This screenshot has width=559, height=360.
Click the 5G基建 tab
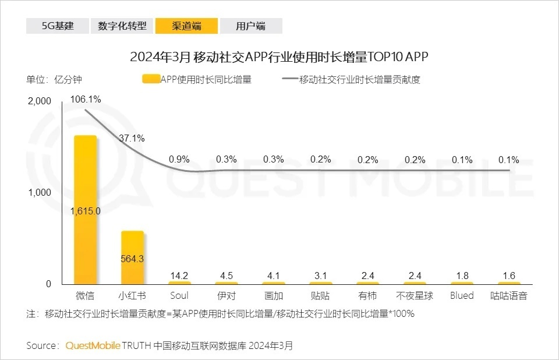tap(58, 26)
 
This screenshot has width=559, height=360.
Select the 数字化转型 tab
tap(122, 26)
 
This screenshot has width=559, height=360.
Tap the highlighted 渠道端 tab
tap(187, 26)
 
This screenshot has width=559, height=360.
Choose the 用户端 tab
tap(251, 26)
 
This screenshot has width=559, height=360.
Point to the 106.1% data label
tap(86, 100)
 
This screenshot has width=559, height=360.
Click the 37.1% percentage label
tap(132, 139)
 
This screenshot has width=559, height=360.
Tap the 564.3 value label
tap(132, 259)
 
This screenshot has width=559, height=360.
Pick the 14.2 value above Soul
tap(179, 276)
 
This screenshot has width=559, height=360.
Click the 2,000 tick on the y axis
tap(40, 101)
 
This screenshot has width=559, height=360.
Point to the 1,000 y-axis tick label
tap(40, 193)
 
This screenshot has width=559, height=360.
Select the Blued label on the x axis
tap(462, 295)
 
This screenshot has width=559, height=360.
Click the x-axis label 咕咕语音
tap(508, 295)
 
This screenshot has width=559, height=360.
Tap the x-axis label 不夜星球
tap(415, 295)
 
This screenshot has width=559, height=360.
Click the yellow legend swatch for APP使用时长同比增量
tap(151, 80)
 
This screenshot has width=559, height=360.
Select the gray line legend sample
tap(289, 80)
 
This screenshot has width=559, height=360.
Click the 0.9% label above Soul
tap(179, 159)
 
